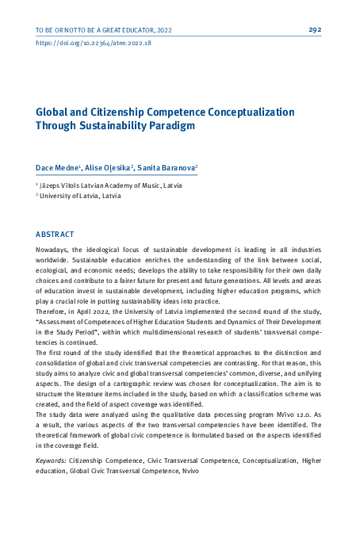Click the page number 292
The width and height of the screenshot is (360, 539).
pos(315,30)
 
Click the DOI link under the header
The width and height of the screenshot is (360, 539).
pos(94,44)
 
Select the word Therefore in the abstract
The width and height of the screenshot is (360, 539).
pos(55,312)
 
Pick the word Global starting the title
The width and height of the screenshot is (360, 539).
pos(52,113)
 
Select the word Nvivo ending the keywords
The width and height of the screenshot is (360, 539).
pos(189,471)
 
